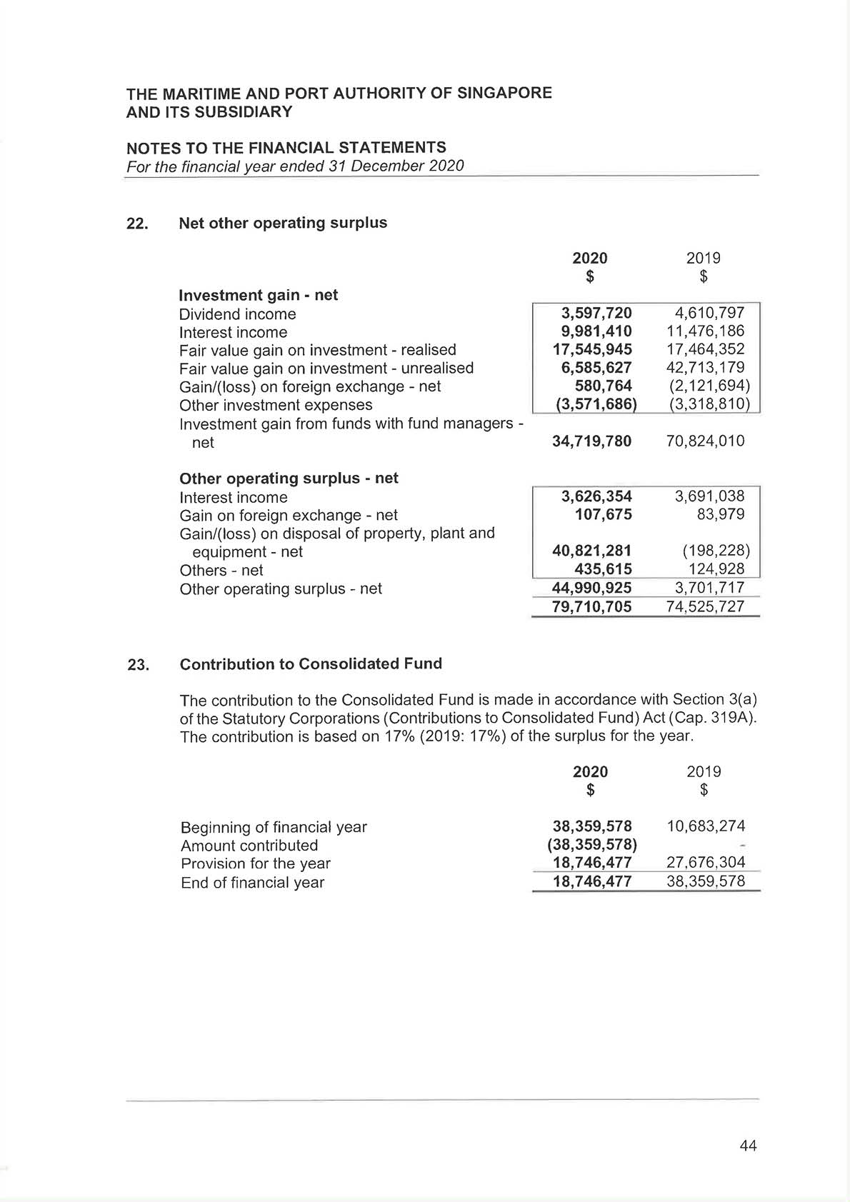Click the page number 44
point(748,1146)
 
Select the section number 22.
point(137,224)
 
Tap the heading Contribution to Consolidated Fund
point(311,664)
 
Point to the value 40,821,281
point(592,551)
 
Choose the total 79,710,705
point(592,607)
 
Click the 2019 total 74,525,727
point(706,607)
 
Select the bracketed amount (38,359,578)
point(592,846)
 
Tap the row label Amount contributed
point(249,846)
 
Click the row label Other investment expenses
point(276,405)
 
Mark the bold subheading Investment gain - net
point(258,295)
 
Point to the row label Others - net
point(221,571)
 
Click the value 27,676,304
point(706,863)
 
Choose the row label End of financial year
point(252,883)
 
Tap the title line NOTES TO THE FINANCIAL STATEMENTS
point(286,148)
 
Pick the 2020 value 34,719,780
point(592,441)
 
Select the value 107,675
point(604,515)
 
